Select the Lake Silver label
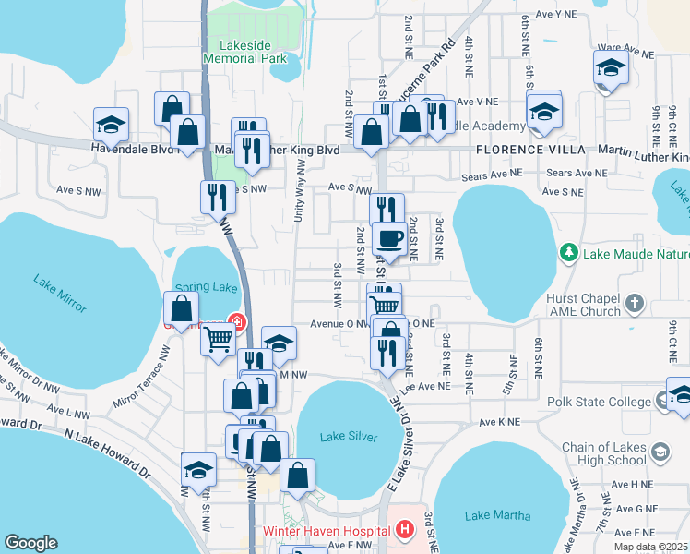tap(348, 436)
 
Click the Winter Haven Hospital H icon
tap(403, 531)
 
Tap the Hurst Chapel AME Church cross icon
tap(633, 303)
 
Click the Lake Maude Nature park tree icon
tap(568, 252)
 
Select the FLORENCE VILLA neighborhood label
tap(530, 150)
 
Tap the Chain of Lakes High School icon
tap(660, 452)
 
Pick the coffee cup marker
tap(388, 238)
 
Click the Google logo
tap(30, 543)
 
